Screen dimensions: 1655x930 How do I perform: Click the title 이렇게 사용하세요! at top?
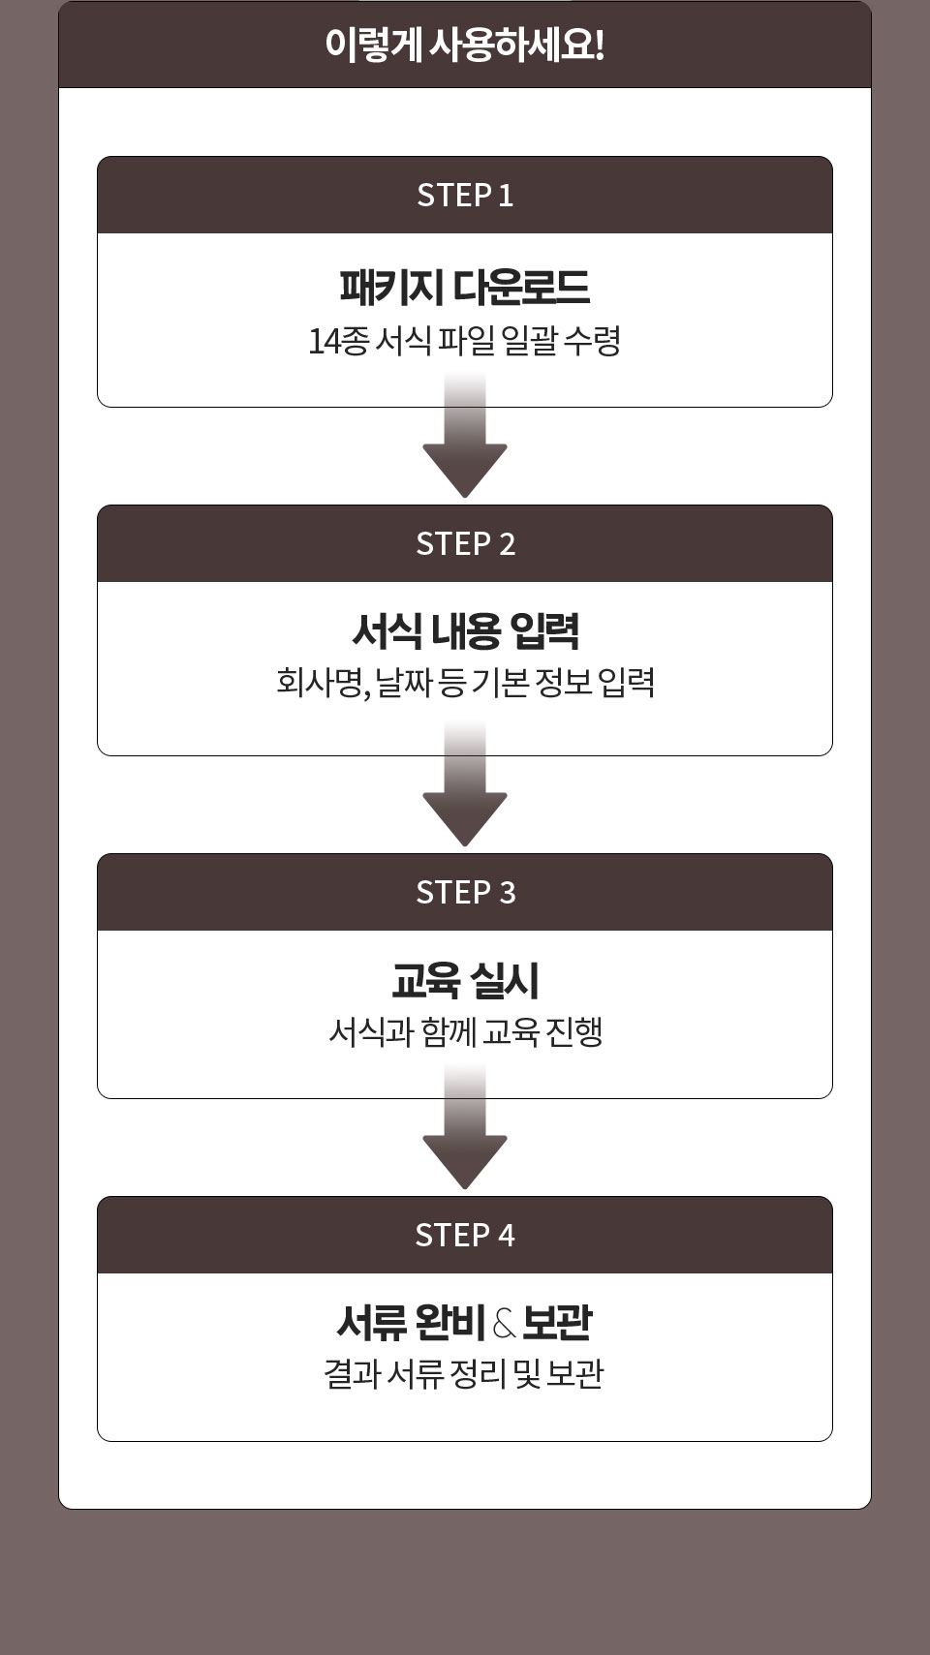coord(465,45)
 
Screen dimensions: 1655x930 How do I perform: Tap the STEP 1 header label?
coord(465,195)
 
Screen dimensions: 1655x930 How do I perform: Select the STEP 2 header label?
coord(465,543)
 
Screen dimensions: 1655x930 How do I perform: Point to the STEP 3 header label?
coord(465,892)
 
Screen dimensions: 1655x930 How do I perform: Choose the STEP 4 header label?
coord(465,1235)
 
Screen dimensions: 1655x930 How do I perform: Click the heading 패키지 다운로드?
coord(465,287)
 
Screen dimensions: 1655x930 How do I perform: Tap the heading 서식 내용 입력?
coord(465,631)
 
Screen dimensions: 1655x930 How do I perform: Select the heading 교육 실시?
coord(465,980)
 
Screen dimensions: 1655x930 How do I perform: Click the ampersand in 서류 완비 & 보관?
coord(504,1324)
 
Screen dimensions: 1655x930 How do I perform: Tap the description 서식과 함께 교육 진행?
coord(465,1031)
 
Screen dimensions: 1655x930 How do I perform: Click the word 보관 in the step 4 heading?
coord(557,1323)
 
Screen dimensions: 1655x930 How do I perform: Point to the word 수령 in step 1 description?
coord(592,341)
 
